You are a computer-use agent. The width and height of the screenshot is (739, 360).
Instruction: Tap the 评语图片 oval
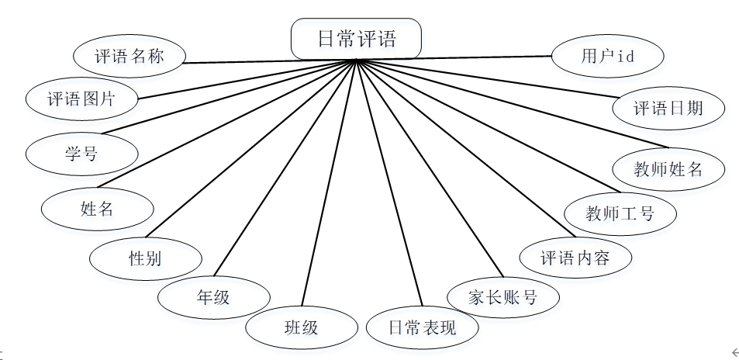click(x=81, y=99)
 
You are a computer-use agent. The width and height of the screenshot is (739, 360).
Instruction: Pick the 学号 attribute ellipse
click(x=81, y=153)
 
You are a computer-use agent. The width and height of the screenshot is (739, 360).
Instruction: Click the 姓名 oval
click(x=97, y=208)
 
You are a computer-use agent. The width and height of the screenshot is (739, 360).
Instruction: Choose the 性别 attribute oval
click(x=146, y=258)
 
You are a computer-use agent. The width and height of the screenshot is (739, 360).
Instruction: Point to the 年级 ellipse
click(x=213, y=296)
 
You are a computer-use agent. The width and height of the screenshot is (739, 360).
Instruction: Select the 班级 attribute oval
click(x=302, y=327)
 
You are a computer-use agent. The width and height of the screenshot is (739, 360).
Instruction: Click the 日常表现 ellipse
click(x=422, y=327)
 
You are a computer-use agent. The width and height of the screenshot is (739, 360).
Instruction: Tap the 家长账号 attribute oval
click(x=503, y=296)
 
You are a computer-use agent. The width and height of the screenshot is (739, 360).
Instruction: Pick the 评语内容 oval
click(x=575, y=257)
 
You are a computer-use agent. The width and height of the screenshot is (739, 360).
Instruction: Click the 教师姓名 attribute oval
click(x=668, y=168)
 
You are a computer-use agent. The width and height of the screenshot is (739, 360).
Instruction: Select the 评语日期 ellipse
click(x=668, y=108)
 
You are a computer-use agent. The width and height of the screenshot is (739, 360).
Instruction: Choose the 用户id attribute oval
click(x=608, y=57)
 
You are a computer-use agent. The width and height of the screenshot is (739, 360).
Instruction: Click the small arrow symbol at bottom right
click(x=734, y=351)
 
